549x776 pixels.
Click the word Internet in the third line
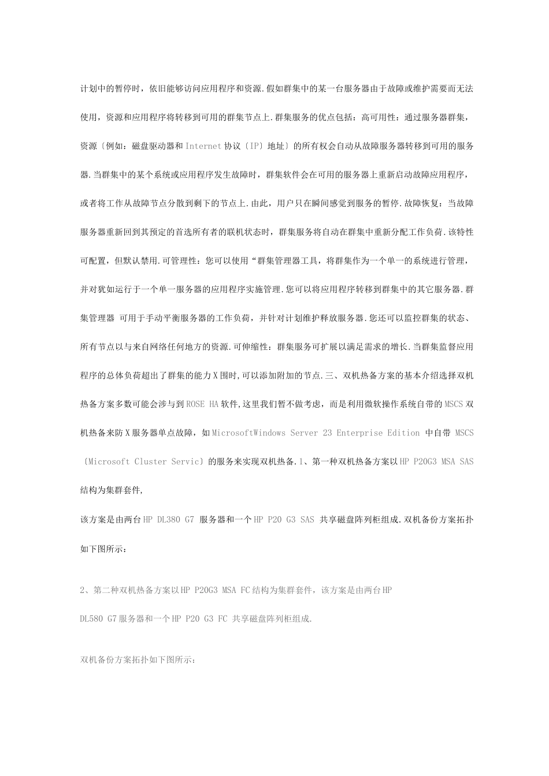pyautogui.click(x=203, y=146)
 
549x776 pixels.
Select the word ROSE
pyautogui.click(x=195, y=404)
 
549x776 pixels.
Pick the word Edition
pyautogui.click(x=406, y=432)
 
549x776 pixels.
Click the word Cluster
pyautogui.click(x=158, y=461)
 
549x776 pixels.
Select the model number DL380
pyautogui.click(x=169, y=519)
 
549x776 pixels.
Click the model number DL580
pyautogui.click(x=91, y=618)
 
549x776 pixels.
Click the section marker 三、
pyautogui.click(x=334, y=376)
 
